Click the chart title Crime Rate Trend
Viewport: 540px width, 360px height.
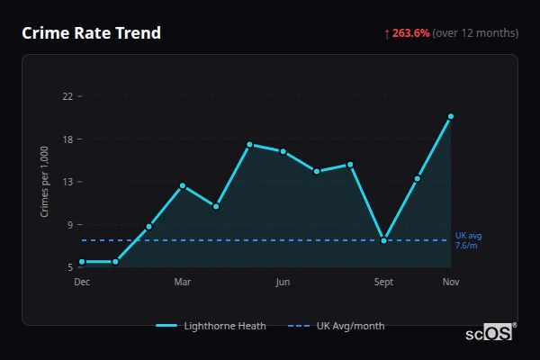[91, 33]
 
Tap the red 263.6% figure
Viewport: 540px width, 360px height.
[410, 33]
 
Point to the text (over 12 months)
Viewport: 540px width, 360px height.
[475, 33]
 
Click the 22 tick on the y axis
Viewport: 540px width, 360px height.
[67, 96]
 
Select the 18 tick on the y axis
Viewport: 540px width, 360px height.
[67, 139]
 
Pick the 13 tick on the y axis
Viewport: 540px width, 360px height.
[67, 182]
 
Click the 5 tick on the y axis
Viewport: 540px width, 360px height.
[69, 267]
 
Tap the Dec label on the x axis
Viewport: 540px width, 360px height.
[82, 283]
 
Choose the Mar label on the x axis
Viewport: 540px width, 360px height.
[182, 283]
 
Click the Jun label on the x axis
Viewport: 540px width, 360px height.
[283, 283]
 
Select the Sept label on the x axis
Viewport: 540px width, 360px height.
[384, 283]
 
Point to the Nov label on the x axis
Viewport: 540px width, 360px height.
[451, 283]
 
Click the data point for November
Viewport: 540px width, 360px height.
[451, 116]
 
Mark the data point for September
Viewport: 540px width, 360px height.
[384, 240]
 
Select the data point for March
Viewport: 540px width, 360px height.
[183, 185]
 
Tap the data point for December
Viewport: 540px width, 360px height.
[82, 262]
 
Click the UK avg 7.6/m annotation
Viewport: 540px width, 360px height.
[468, 240]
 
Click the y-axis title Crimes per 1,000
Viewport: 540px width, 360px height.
[45, 182]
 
